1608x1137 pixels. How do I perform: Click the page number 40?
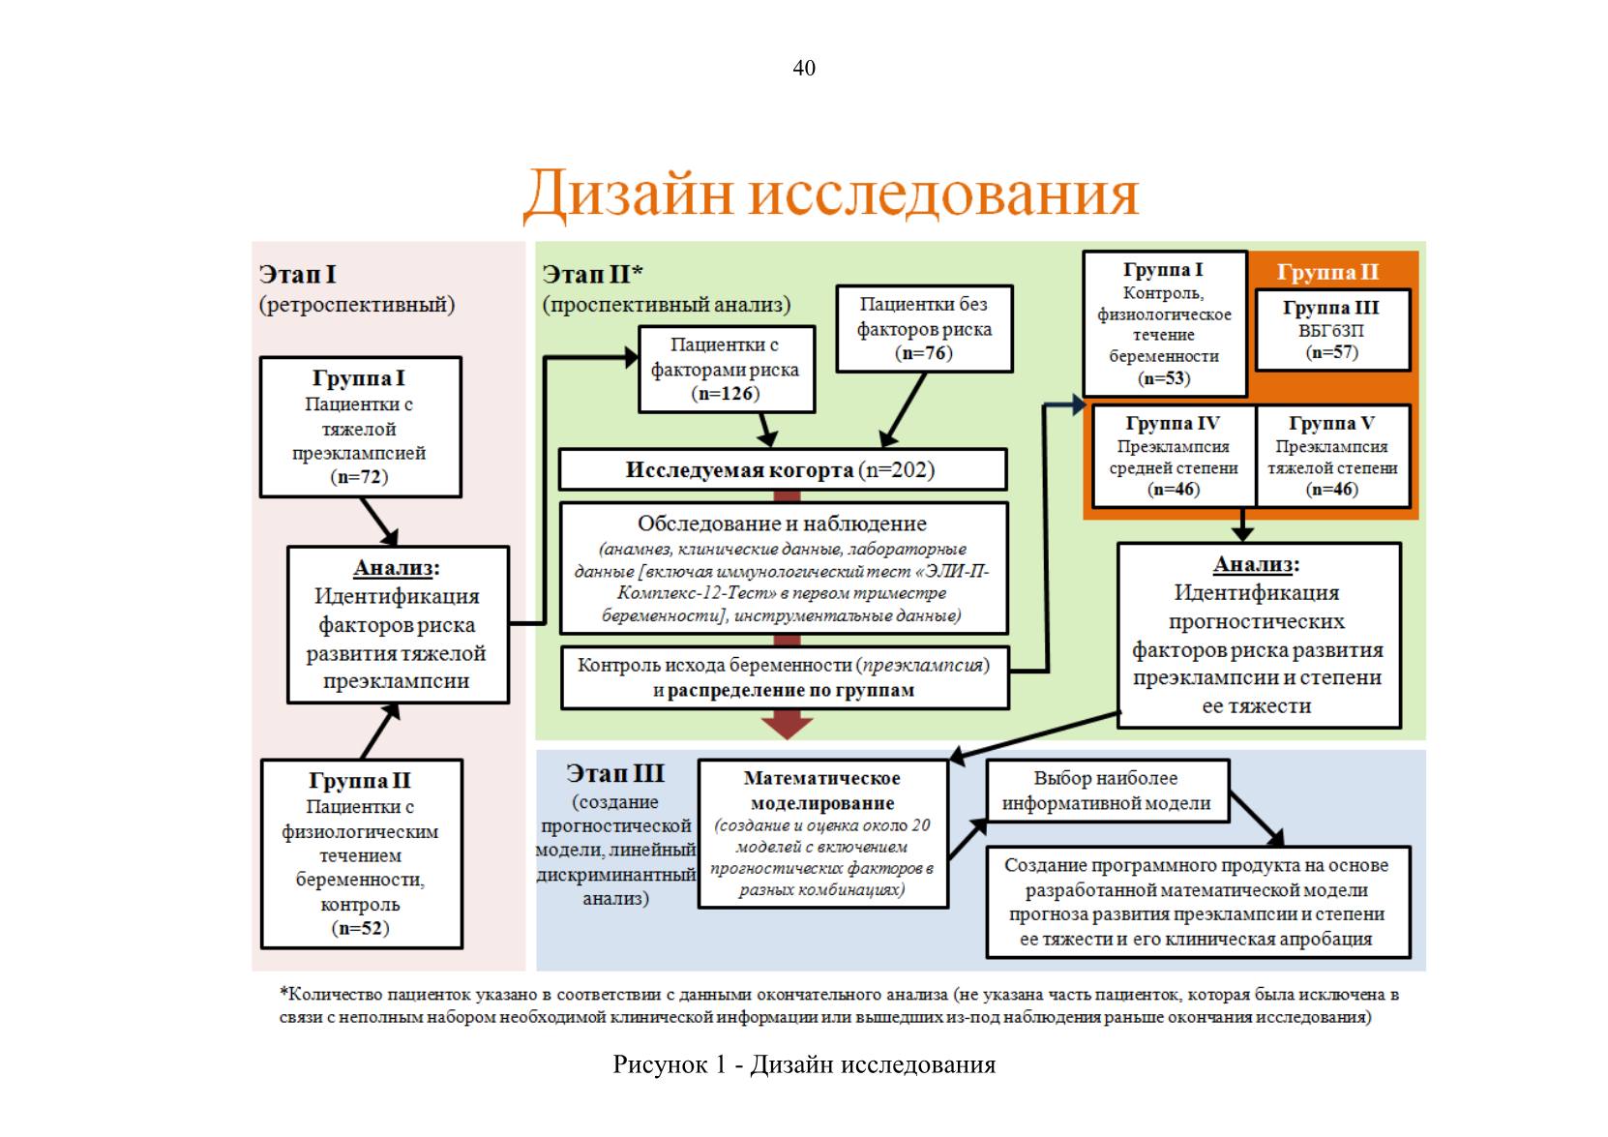(803, 68)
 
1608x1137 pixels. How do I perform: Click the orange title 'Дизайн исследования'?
(831, 194)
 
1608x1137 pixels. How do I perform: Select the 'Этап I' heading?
(297, 274)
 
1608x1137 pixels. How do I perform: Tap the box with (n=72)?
(360, 427)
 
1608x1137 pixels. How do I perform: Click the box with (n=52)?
(361, 854)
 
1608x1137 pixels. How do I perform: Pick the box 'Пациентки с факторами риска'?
(727, 369)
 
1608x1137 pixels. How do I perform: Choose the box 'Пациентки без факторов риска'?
(925, 329)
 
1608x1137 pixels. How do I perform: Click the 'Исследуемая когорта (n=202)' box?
(783, 469)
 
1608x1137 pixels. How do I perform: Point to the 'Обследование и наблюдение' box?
(783, 568)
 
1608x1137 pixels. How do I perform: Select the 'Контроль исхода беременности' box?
(785, 677)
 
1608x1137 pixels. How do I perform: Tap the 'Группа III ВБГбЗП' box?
(1332, 329)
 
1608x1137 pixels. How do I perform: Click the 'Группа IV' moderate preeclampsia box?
(1174, 457)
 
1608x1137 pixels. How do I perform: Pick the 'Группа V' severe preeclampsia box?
(1333, 457)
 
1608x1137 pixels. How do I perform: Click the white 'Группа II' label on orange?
(1327, 272)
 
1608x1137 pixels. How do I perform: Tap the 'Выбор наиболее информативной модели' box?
(1107, 791)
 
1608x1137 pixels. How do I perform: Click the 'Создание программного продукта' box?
(1198, 902)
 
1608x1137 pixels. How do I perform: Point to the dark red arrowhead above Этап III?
(788, 727)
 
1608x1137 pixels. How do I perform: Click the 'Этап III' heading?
(615, 773)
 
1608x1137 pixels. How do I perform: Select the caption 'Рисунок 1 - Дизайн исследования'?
(804, 1063)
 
